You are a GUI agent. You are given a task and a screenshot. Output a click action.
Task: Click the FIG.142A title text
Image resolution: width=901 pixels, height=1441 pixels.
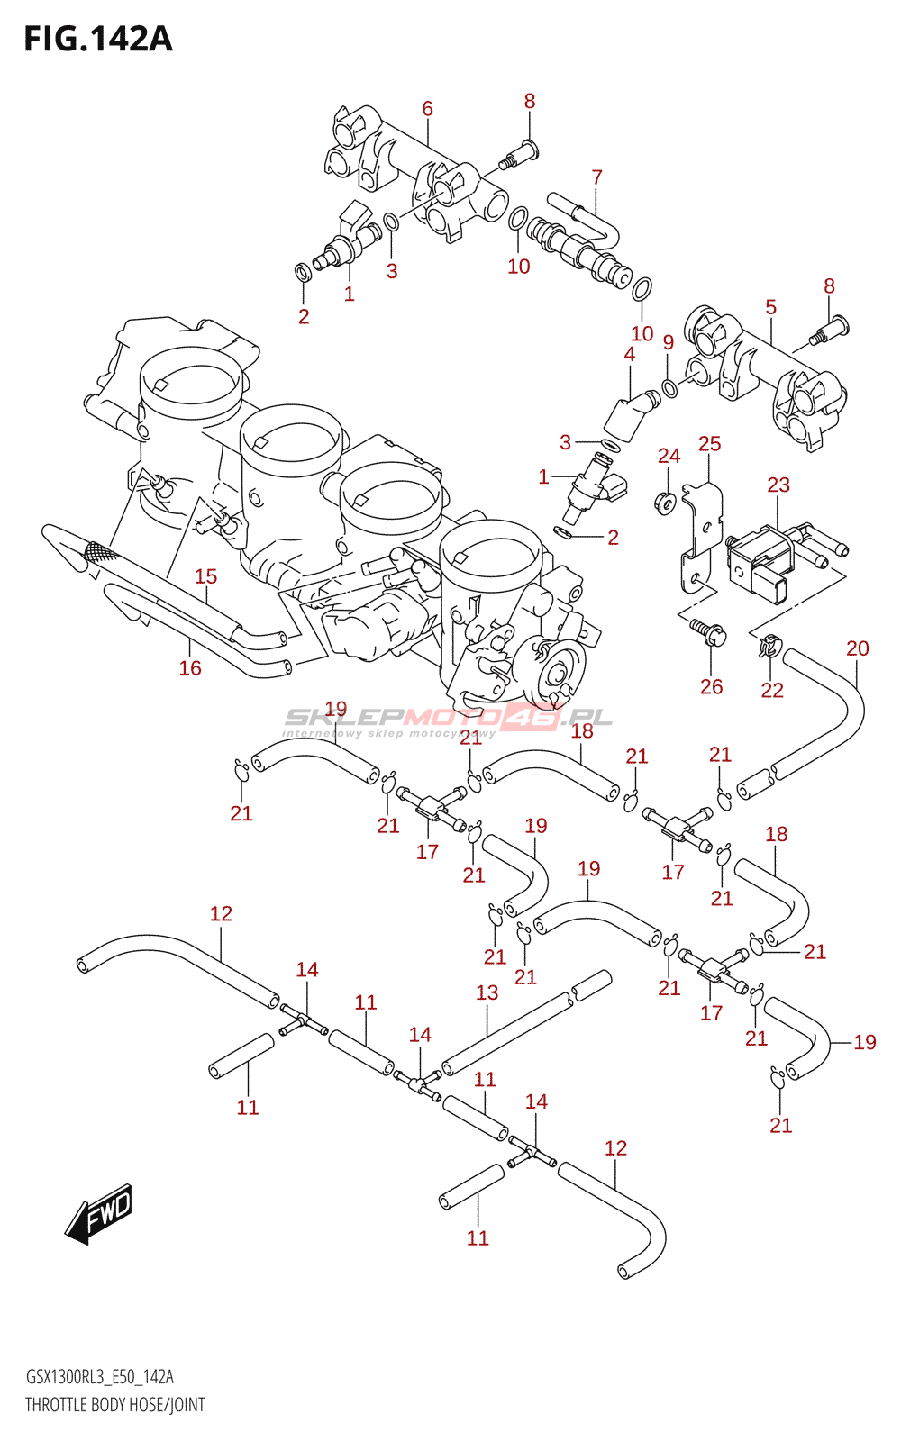pyautogui.click(x=98, y=40)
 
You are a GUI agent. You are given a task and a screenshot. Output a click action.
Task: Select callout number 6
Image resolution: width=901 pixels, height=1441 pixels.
pyautogui.click(x=427, y=109)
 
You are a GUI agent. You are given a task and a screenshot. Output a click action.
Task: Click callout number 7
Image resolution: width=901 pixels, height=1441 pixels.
pyautogui.click(x=596, y=177)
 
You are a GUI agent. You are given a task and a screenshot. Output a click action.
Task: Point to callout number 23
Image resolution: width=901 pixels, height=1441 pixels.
pyautogui.click(x=778, y=485)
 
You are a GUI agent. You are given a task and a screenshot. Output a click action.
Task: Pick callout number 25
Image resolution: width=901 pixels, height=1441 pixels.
pyautogui.click(x=709, y=443)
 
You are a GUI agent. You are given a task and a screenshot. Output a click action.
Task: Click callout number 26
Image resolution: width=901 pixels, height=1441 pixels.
pyautogui.click(x=711, y=686)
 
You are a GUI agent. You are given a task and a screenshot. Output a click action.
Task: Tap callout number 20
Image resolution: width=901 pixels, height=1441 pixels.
pyautogui.click(x=857, y=648)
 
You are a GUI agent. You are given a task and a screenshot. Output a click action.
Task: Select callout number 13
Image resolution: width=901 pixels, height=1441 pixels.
pyautogui.click(x=487, y=992)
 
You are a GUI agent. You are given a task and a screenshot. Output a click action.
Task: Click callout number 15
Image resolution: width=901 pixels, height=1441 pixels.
pyautogui.click(x=206, y=575)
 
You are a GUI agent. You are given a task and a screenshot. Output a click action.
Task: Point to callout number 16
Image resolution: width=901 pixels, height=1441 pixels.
pyautogui.click(x=190, y=667)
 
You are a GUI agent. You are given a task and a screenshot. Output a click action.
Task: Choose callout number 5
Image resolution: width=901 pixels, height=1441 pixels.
pyautogui.click(x=771, y=307)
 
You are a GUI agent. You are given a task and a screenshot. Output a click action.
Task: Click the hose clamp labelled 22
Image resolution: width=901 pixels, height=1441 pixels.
pyautogui.click(x=765, y=646)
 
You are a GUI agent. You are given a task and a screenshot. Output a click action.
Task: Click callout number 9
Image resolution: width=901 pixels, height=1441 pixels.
pyautogui.click(x=668, y=342)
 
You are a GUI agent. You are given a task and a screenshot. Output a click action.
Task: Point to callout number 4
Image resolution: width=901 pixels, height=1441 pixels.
pyautogui.click(x=629, y=353)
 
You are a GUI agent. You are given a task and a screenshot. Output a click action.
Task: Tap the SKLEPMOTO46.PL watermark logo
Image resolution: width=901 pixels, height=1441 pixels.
pyautogui.click(x=447, y=721)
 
